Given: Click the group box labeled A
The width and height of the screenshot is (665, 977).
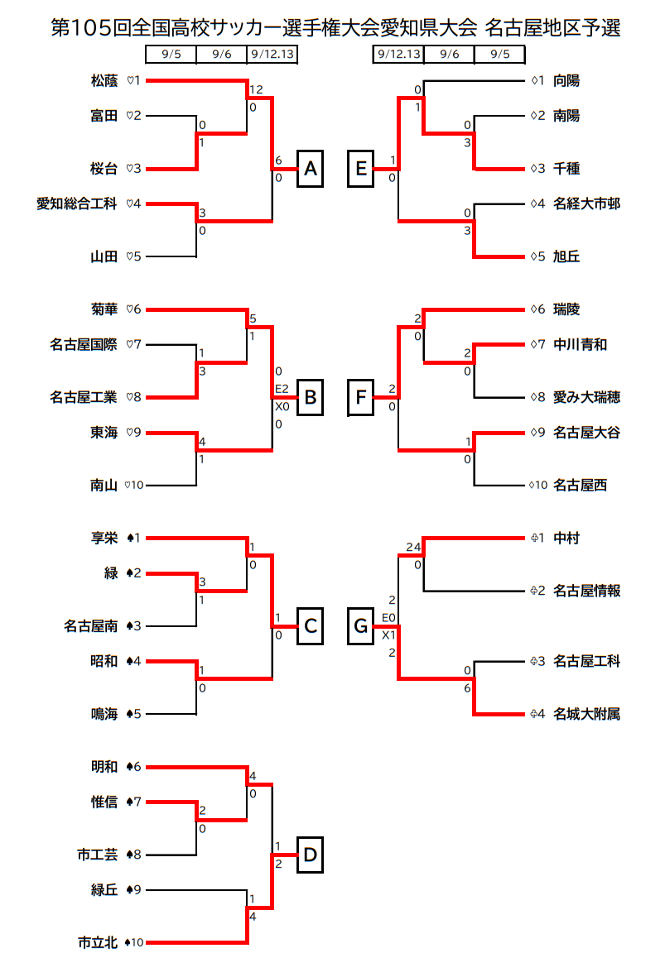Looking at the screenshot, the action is tap(310, 169).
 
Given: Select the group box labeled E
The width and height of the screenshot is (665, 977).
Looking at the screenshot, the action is tap(360, 169).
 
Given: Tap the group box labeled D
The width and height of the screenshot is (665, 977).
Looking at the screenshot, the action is tap(310, 855).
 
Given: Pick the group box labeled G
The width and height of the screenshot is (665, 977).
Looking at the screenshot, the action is tap(360, 625).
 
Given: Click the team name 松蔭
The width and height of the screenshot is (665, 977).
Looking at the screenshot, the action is tap(104, 80).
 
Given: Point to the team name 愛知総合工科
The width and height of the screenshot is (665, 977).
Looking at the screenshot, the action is tap(77, 204).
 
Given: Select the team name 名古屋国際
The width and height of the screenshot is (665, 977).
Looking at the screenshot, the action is tap(84, 345).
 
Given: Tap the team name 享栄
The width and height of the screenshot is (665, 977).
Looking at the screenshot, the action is tap(104, 538).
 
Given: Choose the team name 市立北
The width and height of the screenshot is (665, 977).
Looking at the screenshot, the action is tap(98, 943).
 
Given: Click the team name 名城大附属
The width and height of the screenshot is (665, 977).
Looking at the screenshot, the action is tap(587, 714).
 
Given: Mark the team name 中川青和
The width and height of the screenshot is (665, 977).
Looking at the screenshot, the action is tap(581, 345).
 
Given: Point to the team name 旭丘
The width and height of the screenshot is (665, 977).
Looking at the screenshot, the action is tap(566, 256).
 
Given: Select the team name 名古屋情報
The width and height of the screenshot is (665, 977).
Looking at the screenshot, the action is tap(587, 591).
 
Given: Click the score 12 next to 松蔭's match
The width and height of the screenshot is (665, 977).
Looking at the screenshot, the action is tap(256, 89).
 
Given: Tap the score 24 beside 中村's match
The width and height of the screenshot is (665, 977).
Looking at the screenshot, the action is tap(413, 547).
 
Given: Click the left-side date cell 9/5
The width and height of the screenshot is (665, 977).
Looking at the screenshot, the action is tap(171, 55).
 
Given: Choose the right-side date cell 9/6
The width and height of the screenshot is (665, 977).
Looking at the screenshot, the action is tap(449, 55).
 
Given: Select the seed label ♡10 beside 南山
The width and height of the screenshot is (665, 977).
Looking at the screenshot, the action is tap(133, 486).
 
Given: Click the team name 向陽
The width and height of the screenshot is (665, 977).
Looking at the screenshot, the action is tap(566, 80).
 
